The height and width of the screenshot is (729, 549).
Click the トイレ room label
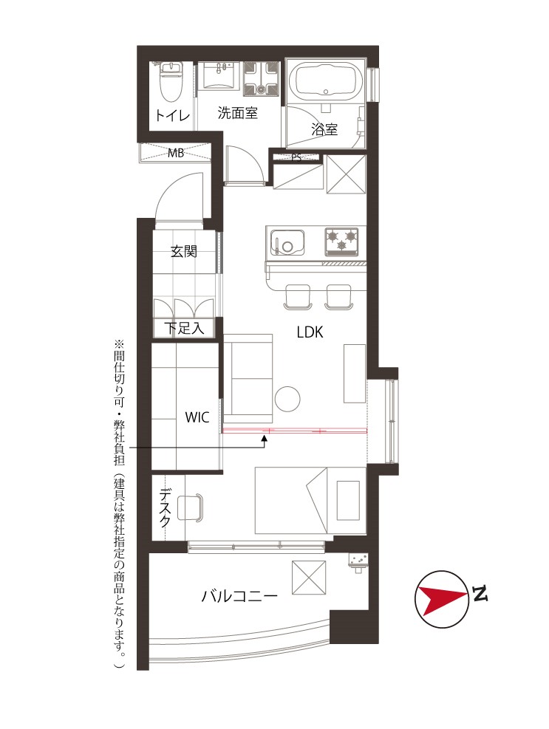tap(172, 114)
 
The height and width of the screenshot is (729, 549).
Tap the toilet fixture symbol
tap(171, 82)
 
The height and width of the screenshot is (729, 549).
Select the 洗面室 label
tap(237, 112)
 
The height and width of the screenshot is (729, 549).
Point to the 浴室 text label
tap(324, 129)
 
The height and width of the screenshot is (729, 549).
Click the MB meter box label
tap(176, 152)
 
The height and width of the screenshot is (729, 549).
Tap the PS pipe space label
tap(296, 157)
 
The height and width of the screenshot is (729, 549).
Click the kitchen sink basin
tap(287, 242)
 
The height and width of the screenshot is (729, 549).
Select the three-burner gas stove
tap(342, 242)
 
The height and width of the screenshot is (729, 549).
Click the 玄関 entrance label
tap(184, 252)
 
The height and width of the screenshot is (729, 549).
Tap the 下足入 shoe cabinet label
tap(184, 328)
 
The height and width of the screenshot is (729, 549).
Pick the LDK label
tap(310, 332)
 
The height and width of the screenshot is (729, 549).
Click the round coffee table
tap(287, 398)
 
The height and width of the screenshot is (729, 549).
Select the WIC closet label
tap(197, 417)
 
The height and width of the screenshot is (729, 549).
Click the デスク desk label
tap(166, 507)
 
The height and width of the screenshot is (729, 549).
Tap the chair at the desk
tap(191, 507)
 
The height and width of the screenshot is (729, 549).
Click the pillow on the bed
tap(347, 501)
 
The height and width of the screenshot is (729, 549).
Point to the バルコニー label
tap(239, 595)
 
